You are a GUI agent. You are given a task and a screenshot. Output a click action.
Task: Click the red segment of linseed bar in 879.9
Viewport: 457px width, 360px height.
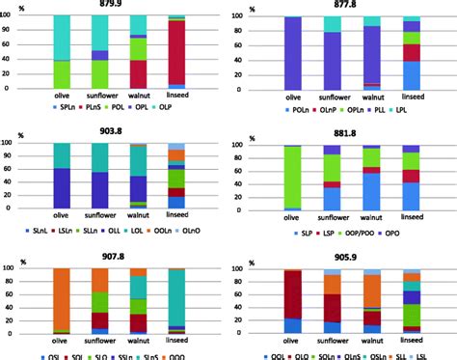click(179, 53)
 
